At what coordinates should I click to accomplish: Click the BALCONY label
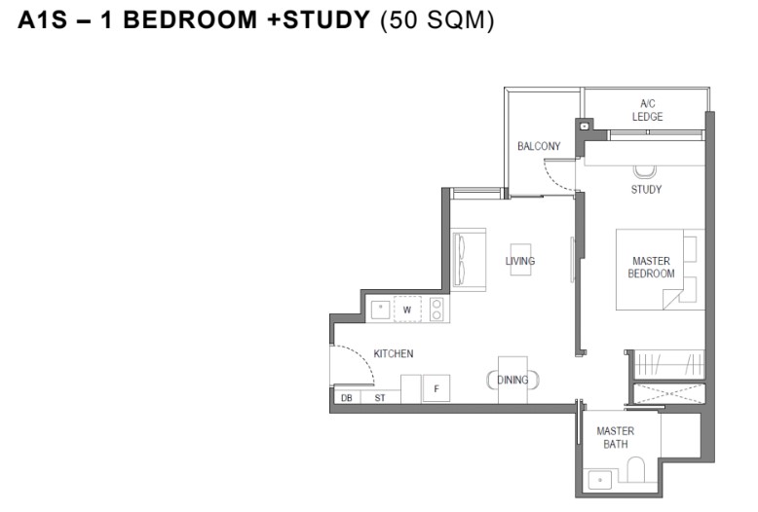[x=539, y=146]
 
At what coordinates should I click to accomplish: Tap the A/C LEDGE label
[x=647, y=110]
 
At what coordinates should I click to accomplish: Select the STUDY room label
[x=646, y=190]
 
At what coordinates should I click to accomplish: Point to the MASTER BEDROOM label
[x=651, y=267]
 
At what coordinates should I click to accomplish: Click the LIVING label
[x=520, y=261]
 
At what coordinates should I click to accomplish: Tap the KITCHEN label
[x=394, y=353]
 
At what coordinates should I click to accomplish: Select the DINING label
[x=512, y=381]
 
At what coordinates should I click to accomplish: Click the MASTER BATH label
[x=616, y=437]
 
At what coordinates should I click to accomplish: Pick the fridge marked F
[x=436, y=388]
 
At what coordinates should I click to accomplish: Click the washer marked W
[x=407, y=310]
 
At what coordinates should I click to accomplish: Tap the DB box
[x=347, y=397]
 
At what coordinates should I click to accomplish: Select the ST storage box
[x=380, y=397]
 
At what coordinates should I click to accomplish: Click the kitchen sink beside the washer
[x=380, y=311]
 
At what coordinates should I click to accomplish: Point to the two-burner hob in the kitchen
[x=436, y=310]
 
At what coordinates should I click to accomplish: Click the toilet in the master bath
[x=635, y=469]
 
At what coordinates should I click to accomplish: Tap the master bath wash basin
[x=600, y=480]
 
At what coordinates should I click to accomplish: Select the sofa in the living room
[x=468, y=260]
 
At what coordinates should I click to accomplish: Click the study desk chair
[x=645, y=171]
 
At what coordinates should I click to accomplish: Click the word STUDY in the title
[x=326, y=19]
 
